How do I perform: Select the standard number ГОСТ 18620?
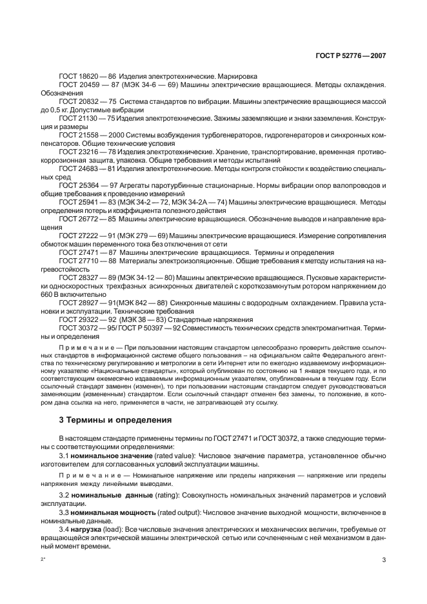pos(77,76)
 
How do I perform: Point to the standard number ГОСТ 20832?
pos(77,102)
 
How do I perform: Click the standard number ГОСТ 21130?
pos(77,119)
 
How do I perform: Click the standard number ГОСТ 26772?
pos(77,219)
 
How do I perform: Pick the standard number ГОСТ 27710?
pos(77,261)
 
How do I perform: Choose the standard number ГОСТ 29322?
pos(77,320)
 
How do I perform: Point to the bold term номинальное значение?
pos(106,456)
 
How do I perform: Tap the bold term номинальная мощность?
pos(107,512)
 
